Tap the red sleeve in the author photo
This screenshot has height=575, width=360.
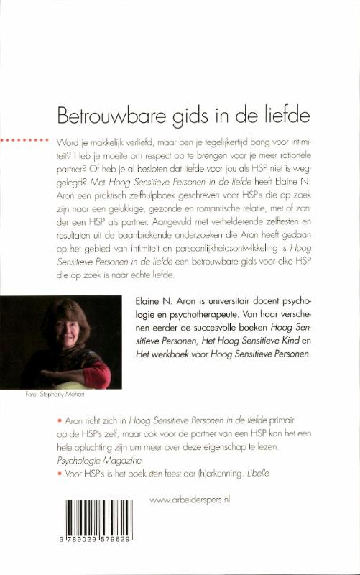click(x=100, y=374)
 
